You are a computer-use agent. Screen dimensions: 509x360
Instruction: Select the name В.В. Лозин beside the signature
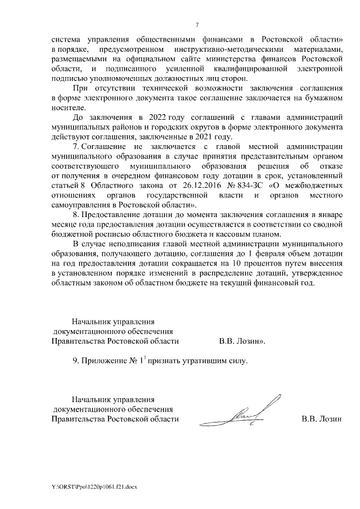pyautogui.click(x=322, y=419)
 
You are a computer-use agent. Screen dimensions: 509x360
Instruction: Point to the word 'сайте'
pyautogui.click(x=201, y=59)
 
